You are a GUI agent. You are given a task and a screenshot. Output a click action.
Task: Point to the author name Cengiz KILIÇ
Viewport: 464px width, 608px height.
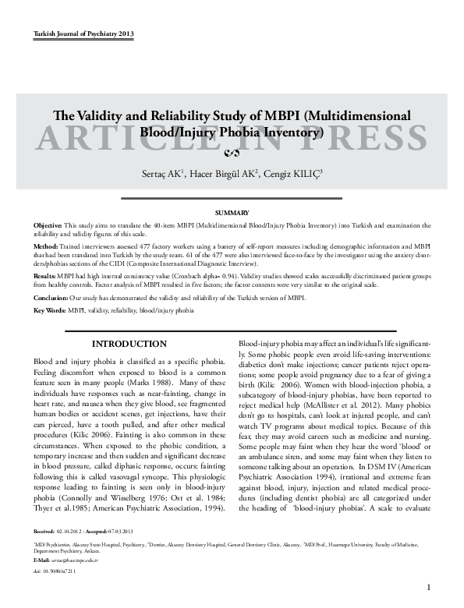[x=289, y=173]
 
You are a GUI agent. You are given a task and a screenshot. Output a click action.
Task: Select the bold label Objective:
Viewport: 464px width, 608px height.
[x=48, y=224]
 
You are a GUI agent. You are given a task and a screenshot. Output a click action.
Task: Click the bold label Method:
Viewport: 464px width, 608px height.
[x=47, y=245]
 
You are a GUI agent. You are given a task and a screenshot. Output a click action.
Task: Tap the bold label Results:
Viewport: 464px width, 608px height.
[x=47, y=276]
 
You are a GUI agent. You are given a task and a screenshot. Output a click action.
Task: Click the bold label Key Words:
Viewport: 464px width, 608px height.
[x=50, y=310]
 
